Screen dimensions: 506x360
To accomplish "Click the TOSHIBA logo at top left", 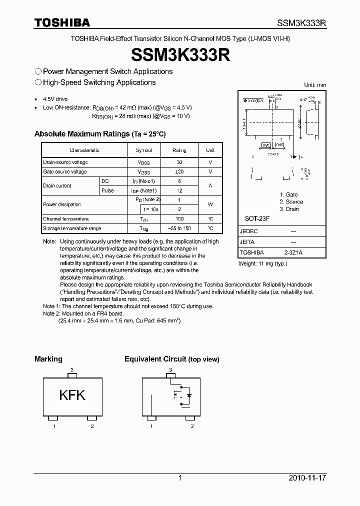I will (x=62, y=22).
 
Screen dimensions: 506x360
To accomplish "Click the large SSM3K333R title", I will (x=180, y=54).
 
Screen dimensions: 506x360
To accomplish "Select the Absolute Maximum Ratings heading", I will (x=100, y=134).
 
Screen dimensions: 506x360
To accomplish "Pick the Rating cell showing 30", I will (x=179, y=162).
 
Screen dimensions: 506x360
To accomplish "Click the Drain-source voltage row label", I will (x=65, y=162).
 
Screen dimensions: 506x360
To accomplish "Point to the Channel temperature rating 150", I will (x=179, y=219).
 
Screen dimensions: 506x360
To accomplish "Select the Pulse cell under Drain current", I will (x=107, y=190).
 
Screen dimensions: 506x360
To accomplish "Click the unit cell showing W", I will (x=210, y=204).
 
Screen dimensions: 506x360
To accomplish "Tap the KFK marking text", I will (x=72, y=395).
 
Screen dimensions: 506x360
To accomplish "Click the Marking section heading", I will (x=48, y=359).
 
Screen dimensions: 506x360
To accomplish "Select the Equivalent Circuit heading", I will (x=171, y=359).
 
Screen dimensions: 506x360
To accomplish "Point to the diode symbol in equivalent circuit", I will (x=188, y=395).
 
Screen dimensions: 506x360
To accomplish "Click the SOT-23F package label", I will (x=255, y=219).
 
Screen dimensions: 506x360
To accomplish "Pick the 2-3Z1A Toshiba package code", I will (x=293, y=252).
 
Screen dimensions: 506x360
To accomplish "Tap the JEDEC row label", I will (x=248, y=231).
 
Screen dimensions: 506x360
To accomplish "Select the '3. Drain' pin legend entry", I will (x=289, y=209).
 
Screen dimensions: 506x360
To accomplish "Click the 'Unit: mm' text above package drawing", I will (x=315, y=85).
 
